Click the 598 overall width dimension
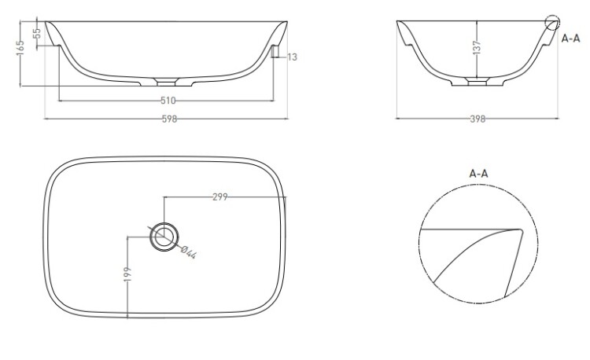tap(169, 119)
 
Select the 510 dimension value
tap(168, 101)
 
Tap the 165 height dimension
tap(20, 48)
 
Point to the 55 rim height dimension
tap(36, 34)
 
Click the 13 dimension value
tap(293, 57)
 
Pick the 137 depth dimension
tap(477, 48)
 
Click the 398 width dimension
tap(478, 119)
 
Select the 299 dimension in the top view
tap(220, 197)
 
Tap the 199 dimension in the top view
tap(127, 274)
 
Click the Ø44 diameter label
tap(189, 252)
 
